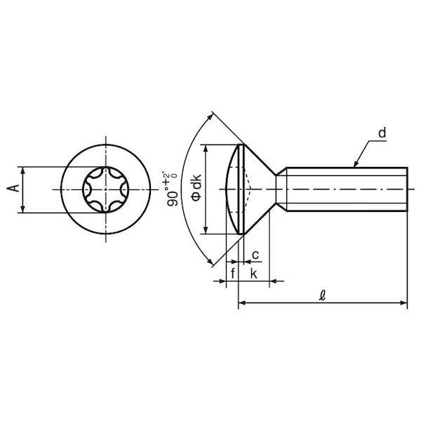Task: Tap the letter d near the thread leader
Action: pos(382,133)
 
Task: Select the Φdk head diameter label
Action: pos(196,187)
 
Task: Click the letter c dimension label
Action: pos(255,255)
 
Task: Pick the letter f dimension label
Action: pos(233,274)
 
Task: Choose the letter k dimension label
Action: pos(254,274)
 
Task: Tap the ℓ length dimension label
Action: pos(322,295)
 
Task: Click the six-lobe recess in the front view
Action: pos(105,189)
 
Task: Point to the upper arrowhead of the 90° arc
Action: pos(210,116)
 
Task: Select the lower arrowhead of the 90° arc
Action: pos(210,262)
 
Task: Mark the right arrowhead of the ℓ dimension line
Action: pos(404,303)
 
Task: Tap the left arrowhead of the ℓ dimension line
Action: pos(242,303)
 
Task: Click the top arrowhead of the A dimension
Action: pos(23,171)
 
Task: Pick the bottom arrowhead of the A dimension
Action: pos(23,209)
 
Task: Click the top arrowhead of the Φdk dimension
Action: pos(206,148)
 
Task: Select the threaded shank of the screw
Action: pos(347,189)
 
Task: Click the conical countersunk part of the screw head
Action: pos(260,189)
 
